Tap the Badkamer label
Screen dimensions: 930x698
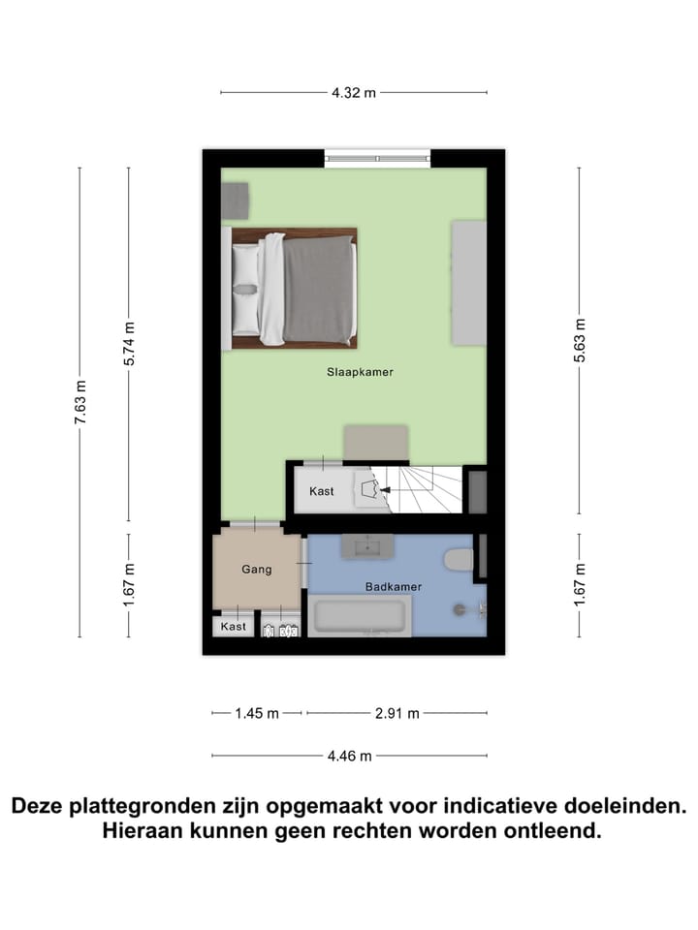[393, 586]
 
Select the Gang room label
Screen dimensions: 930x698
[257, 570]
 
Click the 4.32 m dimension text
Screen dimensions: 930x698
[353, 93]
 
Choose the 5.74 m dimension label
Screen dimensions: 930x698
[129, 341]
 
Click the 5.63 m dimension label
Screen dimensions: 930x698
[580, 341]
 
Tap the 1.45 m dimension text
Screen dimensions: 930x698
[257, 714]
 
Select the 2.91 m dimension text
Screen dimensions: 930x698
[397, 714]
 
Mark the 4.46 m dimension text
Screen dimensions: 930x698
[350, 757]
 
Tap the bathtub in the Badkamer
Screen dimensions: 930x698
[360, 617]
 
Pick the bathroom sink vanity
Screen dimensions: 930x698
[367, 546]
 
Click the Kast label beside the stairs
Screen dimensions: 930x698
[322, 491]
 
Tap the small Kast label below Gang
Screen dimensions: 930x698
[234, 627]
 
